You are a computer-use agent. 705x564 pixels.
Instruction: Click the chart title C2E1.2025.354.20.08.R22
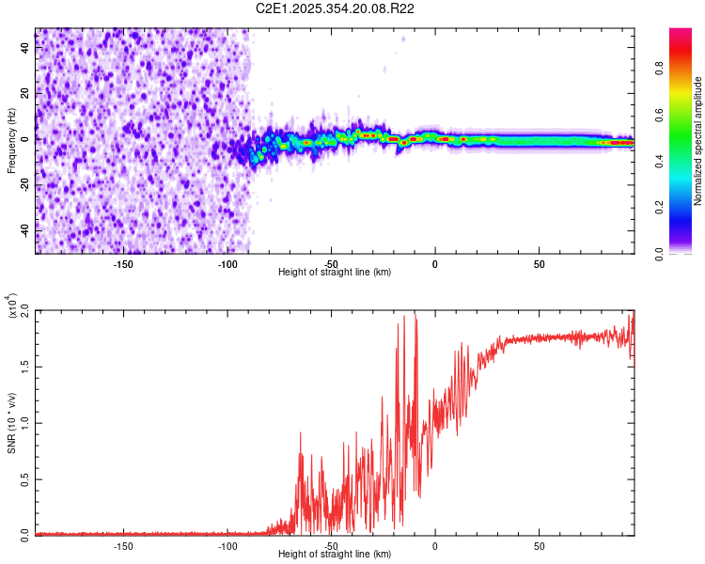click(336, 8)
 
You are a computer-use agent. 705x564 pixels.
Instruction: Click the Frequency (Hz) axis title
click(11, 140)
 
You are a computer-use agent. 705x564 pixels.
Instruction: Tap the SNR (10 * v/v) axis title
click(11, 421)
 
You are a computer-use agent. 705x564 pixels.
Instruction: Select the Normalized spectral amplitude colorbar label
click(697, 141)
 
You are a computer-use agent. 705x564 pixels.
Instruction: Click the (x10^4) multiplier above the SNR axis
click(12, 305)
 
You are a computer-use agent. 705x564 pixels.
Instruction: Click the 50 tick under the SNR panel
click(539, 545)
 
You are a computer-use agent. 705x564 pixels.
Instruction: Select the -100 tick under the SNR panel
click(227, 545)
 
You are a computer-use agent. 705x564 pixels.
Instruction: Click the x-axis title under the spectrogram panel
click(335, 273)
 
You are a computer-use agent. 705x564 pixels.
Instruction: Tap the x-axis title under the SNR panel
click(335, 555)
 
